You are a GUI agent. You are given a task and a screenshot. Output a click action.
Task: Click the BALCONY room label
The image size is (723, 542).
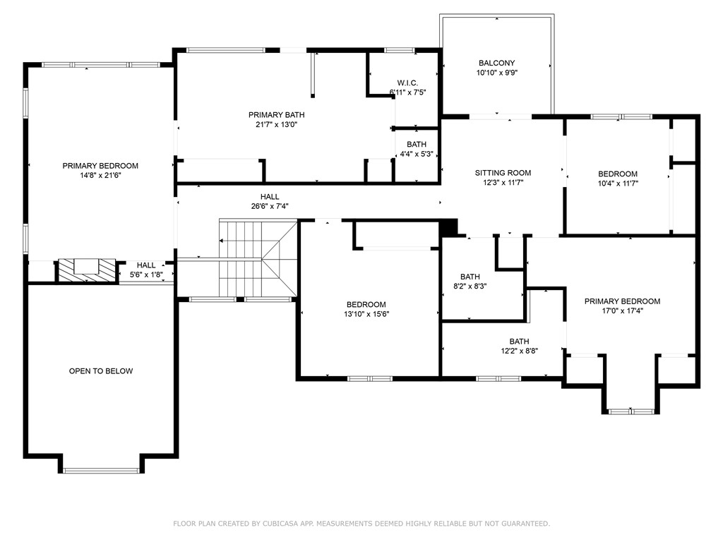(x=496, y=63)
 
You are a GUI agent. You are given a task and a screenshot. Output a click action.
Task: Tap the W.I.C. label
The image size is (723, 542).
(x=407, y=83)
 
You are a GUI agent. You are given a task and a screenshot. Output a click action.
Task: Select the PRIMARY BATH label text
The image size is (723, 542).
(x=276, y=115)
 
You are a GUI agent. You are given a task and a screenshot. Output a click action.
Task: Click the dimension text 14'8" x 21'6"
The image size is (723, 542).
(x=100, y=176)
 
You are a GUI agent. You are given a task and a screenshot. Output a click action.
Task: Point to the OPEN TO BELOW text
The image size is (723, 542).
(x=101, y=371)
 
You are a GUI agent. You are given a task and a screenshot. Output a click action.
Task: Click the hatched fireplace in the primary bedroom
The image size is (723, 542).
(x=86, y=270)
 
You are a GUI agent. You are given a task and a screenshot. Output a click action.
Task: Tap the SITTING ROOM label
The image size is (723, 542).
(x=503, y=173)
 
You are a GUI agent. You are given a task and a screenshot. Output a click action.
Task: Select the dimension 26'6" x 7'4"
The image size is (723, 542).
(x=270, y=207)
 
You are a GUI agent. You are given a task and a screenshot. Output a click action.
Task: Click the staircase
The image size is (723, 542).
(x=258, y=258)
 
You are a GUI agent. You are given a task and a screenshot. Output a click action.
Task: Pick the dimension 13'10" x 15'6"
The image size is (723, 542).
(x=366, y=314)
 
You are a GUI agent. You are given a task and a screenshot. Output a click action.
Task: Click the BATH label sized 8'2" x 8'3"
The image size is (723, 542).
(x=470, y=277)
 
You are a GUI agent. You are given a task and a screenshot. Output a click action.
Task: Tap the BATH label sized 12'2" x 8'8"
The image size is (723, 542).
(x=519, y=342)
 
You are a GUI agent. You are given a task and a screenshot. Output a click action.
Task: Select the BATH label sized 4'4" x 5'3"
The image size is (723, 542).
(x=417, y=144)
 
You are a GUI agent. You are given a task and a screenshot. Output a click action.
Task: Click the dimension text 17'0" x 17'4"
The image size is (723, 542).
(x=623, y=311)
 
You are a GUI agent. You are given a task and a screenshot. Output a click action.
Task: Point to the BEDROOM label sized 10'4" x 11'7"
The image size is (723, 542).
(x=618, y=174)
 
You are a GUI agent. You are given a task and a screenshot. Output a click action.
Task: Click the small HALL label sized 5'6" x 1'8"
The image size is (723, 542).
(x=146, y=265)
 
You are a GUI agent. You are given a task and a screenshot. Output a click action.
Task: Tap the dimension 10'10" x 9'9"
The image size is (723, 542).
(x=496, y=73)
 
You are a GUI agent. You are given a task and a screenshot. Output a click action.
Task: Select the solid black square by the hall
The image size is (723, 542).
(x=448, y=228)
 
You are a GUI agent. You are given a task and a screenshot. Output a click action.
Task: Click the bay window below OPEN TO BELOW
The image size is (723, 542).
(x=101, y=471)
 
